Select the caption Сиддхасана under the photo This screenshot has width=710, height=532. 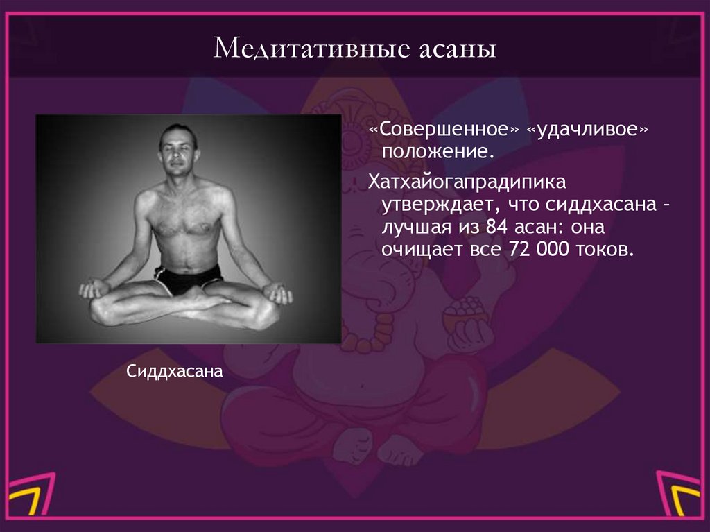[x=174, y=372]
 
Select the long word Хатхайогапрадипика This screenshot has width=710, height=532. [x=467, y=183]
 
